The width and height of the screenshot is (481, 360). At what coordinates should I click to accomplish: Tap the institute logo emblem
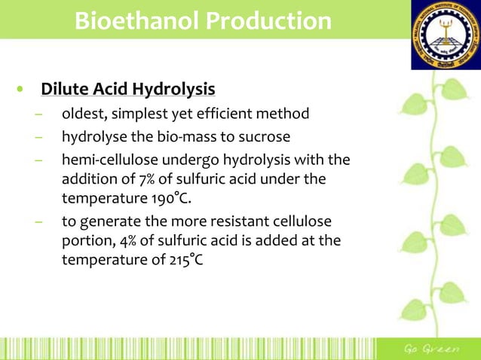pos(445,34)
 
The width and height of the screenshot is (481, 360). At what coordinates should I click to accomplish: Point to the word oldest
pos(83,114)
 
